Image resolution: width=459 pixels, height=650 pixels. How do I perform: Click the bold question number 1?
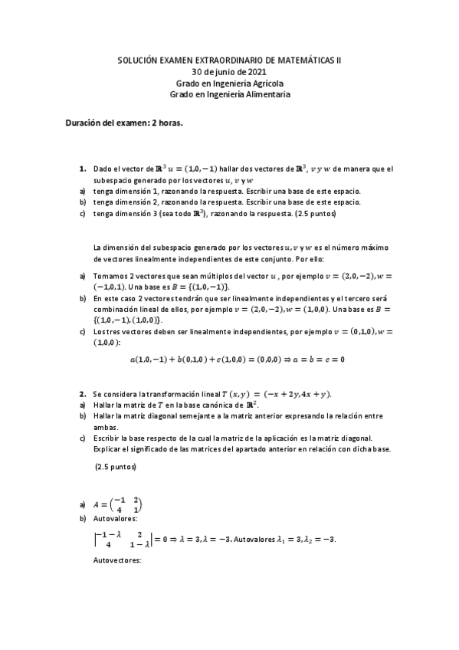pyautogui.click(x=82, y=169)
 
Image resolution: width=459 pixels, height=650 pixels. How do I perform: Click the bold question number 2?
pyautogui.click(x=82, y=394)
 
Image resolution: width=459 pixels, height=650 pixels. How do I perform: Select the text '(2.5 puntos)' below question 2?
pyautogui.click(x=116, y=466)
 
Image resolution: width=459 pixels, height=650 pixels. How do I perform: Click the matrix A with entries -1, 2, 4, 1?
pyautogui.click(x=118, y=506)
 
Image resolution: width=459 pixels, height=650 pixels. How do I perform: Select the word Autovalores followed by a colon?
pyautogui.click(x=115, y=518)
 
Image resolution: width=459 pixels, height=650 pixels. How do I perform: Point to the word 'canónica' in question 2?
pyautogui.click(x=213, y=405)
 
